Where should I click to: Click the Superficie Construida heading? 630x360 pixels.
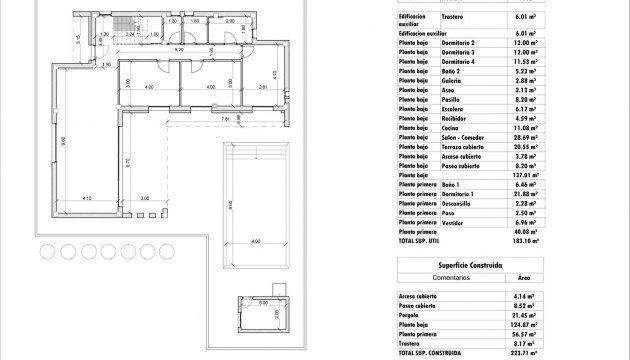[x=470, y=265]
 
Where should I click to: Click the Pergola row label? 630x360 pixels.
[x=412, y=313]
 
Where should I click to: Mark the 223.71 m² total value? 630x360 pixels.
[x=525, y=352]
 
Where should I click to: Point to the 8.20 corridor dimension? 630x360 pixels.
[x=179, y=50]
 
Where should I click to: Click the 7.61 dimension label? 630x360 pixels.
[x=227, y=120]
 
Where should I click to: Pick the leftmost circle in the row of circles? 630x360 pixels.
[x=47, y=251]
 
